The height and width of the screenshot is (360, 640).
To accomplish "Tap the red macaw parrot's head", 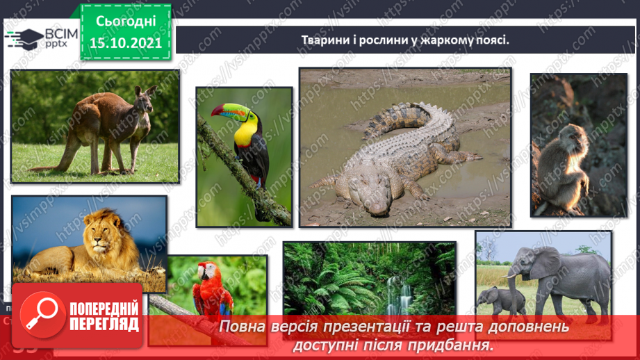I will (x=204, y=272).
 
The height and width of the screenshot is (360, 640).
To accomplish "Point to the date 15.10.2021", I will (x=126, y=42).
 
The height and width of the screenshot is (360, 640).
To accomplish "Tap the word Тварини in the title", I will (x=324, y=40).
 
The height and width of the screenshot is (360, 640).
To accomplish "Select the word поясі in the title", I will (x=489, y=40).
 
